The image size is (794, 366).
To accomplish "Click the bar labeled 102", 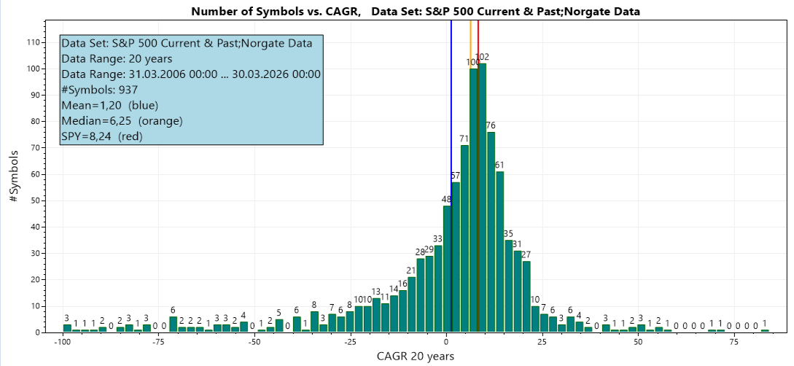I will [483, 197].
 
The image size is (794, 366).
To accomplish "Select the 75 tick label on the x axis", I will [733, 341].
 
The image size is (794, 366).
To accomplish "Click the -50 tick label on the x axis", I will [254, 341].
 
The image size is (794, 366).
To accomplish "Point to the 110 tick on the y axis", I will [33, 42].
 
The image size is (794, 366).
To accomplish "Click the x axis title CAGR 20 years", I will [416, 356].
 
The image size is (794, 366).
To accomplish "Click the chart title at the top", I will [416, 11].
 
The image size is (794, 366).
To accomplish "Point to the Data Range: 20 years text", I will [117, 59].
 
